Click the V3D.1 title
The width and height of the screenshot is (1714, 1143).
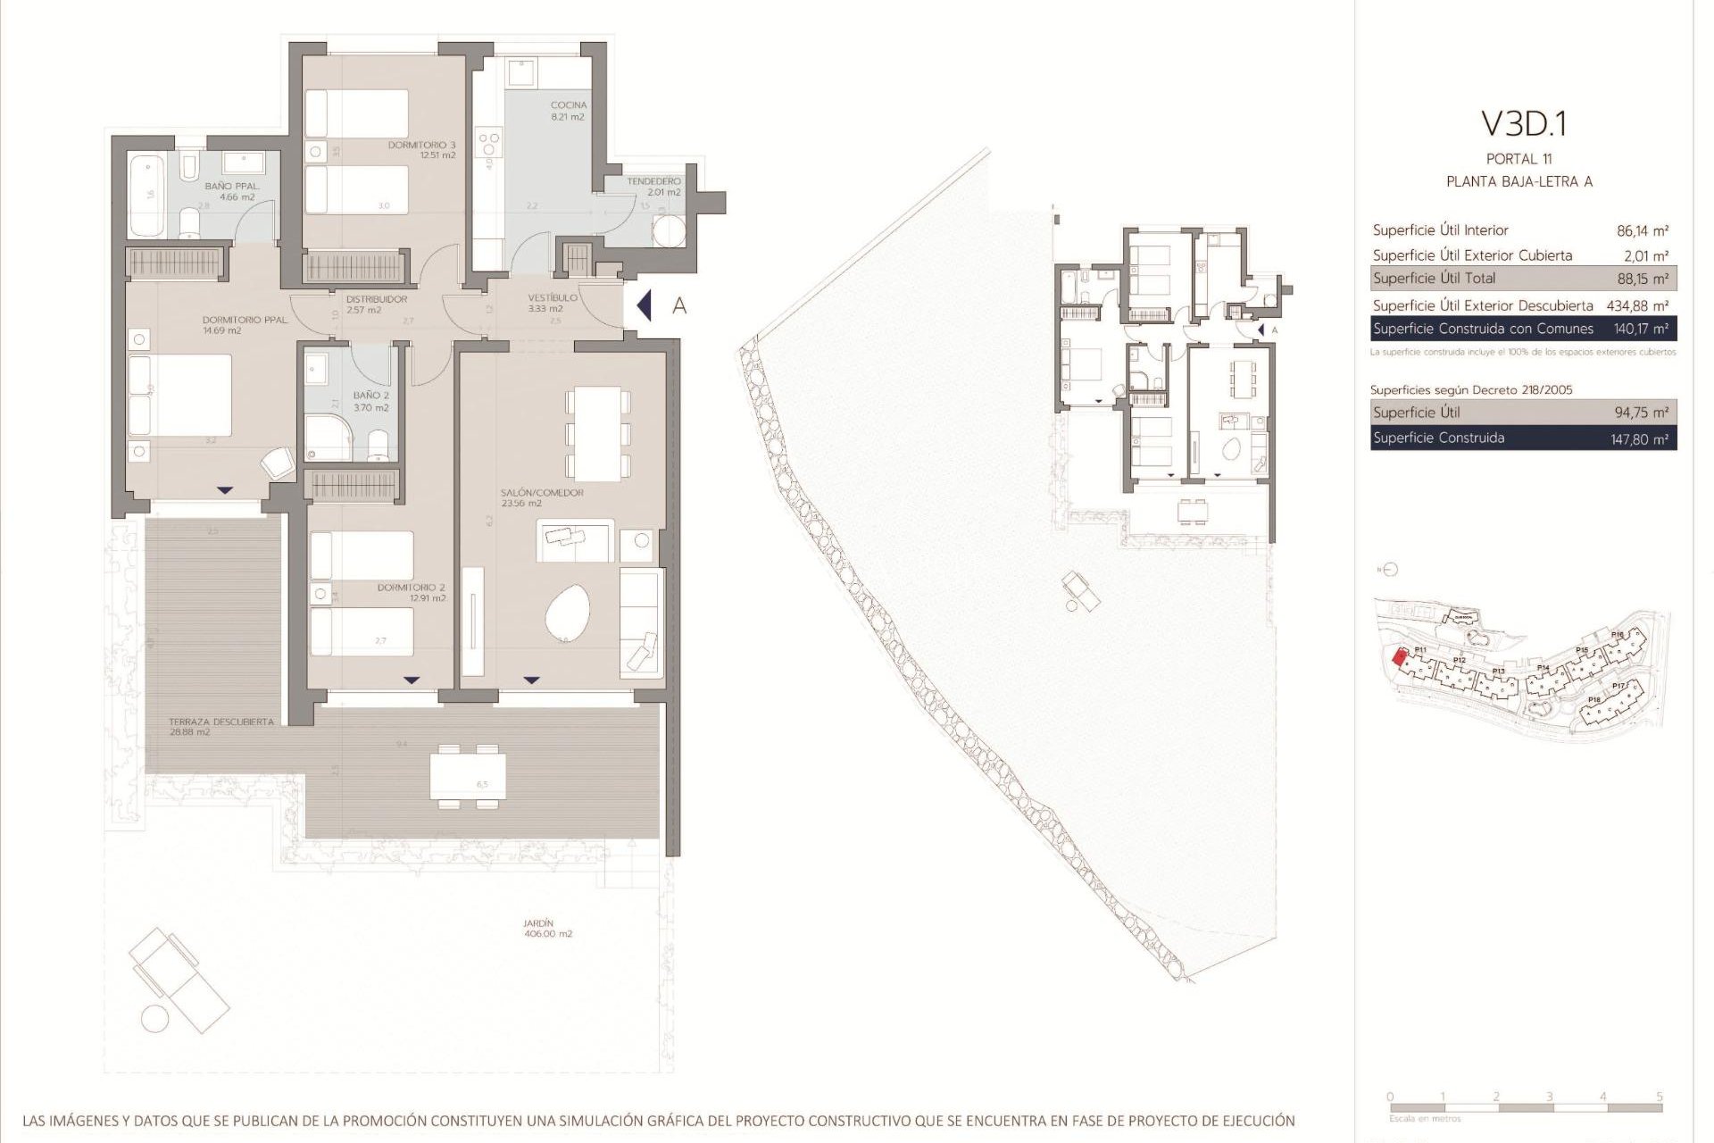[x=1524, y=124]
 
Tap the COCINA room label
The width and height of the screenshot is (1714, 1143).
[x=568, y=105]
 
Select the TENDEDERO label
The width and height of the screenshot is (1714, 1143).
[x=653, y=181]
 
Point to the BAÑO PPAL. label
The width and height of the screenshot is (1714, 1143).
[x=232, y=187]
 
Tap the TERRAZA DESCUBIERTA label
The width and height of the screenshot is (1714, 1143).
[x=221, y=722]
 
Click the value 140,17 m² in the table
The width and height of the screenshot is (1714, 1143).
[x=1642, y=329]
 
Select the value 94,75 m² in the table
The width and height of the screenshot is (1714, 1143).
[x=1642, y=413]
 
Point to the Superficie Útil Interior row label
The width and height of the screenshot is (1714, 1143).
[x=1440, y=230]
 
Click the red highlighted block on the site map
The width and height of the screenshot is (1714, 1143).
[x=1400, y=657]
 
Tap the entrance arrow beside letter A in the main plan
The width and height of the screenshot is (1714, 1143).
[x=644, y=306]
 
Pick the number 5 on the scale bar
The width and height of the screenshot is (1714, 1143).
[x=1659, y=1097]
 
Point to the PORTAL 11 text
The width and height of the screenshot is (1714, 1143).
[x=1518, y=159]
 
